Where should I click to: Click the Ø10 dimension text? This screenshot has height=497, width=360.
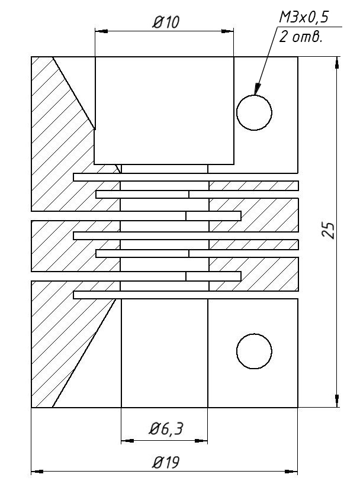(166, 22)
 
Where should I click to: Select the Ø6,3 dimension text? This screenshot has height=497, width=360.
(165, 430)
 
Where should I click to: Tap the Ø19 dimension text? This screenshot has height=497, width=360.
(166, 462)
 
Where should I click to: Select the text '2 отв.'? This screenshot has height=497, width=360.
(300, 37)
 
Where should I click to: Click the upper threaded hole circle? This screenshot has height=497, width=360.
(254, 112)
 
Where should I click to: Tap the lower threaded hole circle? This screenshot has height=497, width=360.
(254, 351)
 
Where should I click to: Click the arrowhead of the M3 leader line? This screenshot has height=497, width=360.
(258, 89)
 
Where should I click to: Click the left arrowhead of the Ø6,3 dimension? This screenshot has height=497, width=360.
(127, 440)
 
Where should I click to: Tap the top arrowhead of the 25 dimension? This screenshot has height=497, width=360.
(337, 63)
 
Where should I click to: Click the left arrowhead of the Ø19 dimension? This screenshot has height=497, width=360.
(37, 472)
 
